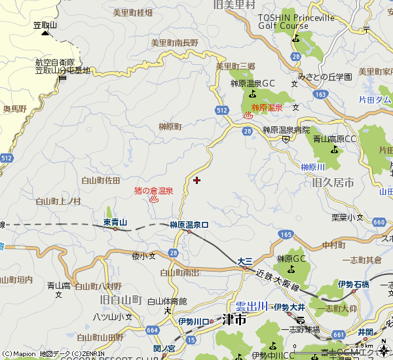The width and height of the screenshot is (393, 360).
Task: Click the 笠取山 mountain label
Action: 45,25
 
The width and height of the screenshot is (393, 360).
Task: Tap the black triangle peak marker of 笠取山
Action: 45,32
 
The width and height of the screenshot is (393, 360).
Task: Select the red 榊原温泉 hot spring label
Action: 267,107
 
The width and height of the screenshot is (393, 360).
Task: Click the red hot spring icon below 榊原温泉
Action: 248,115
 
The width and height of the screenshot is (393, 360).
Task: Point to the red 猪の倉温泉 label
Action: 153,191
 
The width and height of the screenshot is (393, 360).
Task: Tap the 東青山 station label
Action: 115,222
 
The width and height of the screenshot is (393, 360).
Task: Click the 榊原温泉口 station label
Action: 189,225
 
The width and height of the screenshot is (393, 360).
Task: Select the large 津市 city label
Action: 234,320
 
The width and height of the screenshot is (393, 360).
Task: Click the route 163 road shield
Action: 320,94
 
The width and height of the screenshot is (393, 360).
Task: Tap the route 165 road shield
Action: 286,234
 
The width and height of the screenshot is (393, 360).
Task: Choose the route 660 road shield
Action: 379,222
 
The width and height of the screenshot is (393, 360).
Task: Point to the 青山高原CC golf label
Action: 334,139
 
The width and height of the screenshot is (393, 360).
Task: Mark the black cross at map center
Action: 196,179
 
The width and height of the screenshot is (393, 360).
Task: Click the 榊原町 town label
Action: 170,126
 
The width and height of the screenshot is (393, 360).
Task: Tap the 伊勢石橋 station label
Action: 354,283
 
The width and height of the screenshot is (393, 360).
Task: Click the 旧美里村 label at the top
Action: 234,5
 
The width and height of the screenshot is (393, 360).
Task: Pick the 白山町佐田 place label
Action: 101,179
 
